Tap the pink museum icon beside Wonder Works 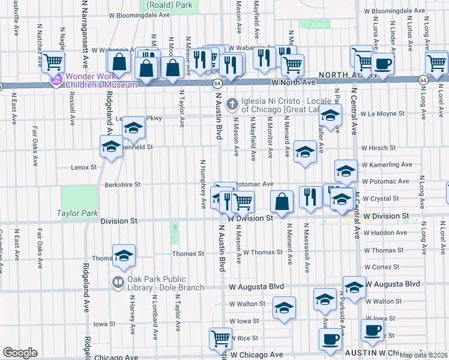[57, 80]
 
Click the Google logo [20, 353]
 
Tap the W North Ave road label [293, 82]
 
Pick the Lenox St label [83, 167]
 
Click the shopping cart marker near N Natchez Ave [53, 60]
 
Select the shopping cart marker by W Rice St [220, 338]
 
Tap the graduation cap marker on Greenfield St [112, 147]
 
